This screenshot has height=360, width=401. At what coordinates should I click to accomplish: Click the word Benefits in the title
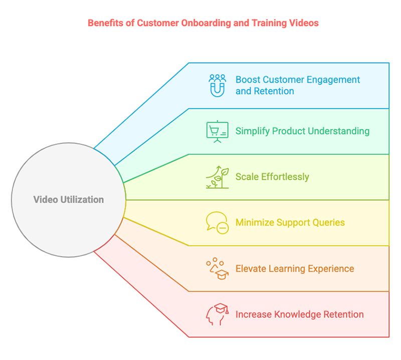(x=104, y=23)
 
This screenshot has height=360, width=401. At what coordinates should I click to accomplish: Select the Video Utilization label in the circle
(x=69, y=200)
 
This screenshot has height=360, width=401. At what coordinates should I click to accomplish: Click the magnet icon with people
(x=218, y=85)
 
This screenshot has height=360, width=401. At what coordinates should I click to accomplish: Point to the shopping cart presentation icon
(x=218, y=132)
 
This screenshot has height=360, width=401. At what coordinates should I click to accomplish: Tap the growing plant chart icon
(x=218, y=177)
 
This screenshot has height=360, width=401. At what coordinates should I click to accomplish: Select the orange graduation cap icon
(x=218, y=269)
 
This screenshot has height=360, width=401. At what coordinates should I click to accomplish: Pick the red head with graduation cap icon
(x=218, y=314)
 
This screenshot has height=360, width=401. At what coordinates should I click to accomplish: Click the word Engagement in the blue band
(x=334, y=80)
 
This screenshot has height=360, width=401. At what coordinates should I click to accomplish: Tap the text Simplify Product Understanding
(x=302, y=131)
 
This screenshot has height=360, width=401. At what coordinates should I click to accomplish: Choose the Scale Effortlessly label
(x=272, y=177)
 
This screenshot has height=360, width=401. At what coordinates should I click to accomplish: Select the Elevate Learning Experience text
(x=295, y=269)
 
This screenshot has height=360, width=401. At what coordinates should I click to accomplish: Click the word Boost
(x=248, y=80)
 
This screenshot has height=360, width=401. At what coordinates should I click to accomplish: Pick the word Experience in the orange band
(x=331, y=269)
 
